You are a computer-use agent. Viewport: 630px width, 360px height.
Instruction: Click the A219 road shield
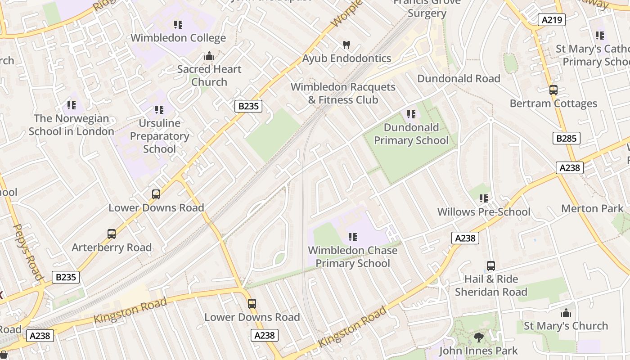tap(551, 19)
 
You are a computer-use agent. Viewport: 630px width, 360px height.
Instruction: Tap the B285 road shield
tap(566, 138)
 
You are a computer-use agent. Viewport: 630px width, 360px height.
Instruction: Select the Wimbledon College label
tap(178, 38)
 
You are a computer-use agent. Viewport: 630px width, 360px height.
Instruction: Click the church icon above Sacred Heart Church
tap(209, 56)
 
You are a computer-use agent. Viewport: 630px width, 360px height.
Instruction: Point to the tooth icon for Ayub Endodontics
tap(346, 45)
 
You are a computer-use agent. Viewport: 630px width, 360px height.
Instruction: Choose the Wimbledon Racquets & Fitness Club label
tap(343, 93)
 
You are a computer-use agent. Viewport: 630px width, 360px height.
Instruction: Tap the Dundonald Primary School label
tap(411, 134)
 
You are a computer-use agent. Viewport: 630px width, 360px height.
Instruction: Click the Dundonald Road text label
tap(459, 79)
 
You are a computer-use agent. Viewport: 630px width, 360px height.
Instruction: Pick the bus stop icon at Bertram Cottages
tap(553, 90)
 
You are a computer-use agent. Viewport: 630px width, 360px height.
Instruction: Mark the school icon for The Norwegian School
tap(72, 105)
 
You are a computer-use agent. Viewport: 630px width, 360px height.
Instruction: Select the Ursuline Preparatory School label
tap(159, 136)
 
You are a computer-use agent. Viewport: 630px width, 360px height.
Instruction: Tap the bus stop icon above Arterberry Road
tap(112, 234)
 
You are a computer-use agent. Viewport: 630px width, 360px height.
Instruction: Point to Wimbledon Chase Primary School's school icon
tap(353, 237)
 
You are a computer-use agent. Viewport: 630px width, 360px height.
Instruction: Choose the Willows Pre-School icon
tap(484, 198)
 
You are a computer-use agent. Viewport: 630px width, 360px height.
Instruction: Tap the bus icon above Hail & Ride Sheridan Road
tap(490, 266)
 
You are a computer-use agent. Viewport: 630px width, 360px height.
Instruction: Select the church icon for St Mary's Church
tap(566, 313)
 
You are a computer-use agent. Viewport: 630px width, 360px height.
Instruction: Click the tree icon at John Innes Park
tap(479, 337)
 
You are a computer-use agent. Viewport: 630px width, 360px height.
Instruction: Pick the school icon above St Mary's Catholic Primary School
tap(599, 35)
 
